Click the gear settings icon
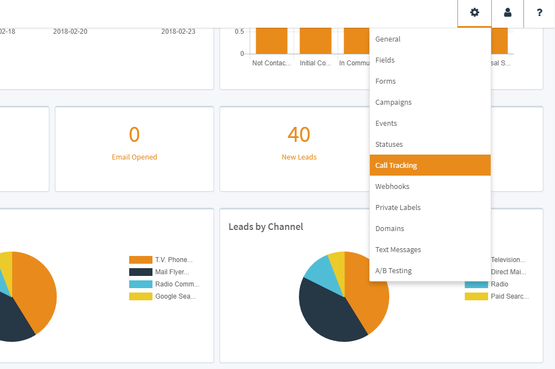475,13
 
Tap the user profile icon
507,13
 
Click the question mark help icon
539,13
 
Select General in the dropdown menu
388,39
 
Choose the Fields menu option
385,60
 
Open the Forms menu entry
386,81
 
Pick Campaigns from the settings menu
394,102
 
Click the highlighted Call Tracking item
396,166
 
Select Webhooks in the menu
392,187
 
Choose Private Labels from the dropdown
398,208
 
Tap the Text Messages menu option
398,250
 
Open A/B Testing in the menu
394,271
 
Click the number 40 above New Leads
299,135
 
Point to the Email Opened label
134,157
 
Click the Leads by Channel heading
266,227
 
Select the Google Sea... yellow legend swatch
140,296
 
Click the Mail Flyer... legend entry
172,272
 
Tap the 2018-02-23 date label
178,32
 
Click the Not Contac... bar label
271,63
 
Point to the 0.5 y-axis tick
239,32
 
